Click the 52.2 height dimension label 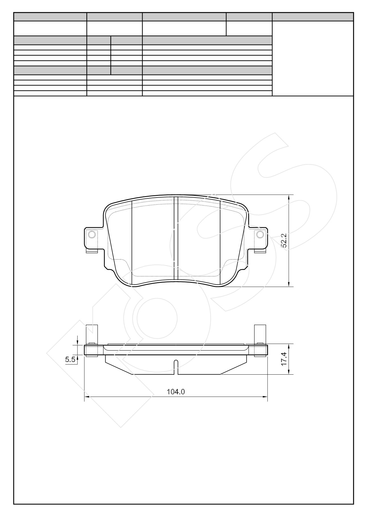[284, 240]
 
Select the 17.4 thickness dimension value [285, 359]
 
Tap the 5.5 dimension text [70, 360]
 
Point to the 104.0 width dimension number [176, 392]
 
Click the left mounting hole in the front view [92, 235]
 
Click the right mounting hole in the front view [260, 234]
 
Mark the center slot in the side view [176, 367]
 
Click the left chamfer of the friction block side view [118, 368]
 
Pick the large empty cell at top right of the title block [313, 58]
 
